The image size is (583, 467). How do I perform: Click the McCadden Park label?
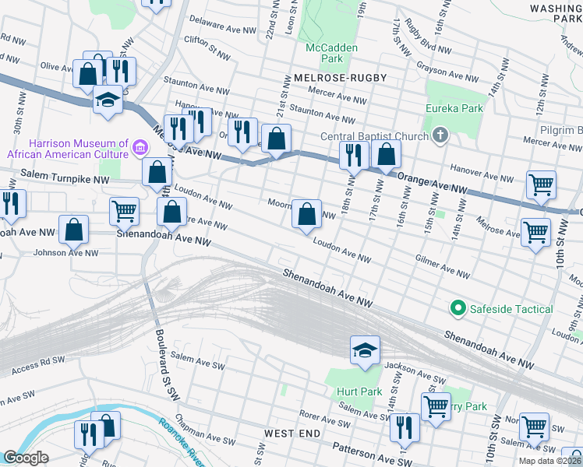[x=331, y=53]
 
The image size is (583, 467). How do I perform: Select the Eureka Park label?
[x=454, y=108]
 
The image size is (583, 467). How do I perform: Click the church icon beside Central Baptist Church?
[x=441, y=137]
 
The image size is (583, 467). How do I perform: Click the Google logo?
[x=26, y=457]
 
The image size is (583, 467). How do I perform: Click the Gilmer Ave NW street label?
[x=443, y=266]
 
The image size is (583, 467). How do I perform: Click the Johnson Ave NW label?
[x=66, y=252]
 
